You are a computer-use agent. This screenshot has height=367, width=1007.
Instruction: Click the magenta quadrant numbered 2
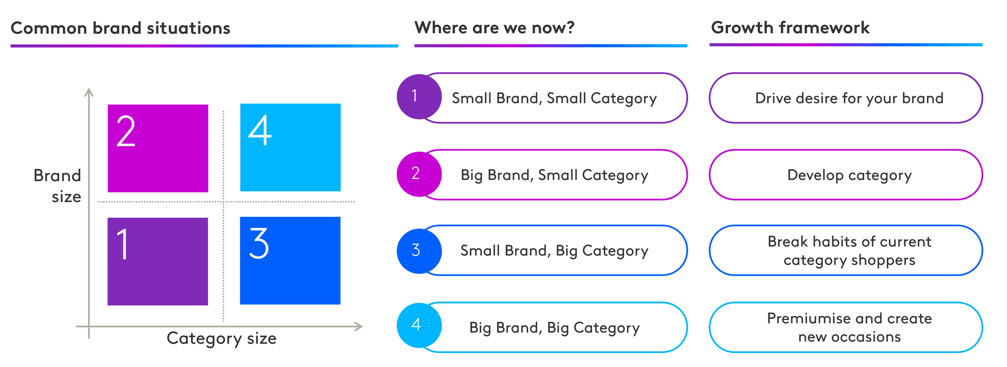point(158,148)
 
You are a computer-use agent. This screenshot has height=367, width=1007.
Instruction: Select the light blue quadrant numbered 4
point(291,147)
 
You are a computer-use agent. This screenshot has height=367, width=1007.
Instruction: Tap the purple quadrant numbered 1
point(158,261)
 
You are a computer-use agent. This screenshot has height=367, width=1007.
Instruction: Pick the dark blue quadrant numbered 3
point(291,261)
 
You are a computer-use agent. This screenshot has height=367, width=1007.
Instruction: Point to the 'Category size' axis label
point(222,338)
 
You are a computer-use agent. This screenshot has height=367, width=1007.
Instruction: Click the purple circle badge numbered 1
point(419,97)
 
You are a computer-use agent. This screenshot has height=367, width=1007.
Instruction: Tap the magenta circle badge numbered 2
point(419,174)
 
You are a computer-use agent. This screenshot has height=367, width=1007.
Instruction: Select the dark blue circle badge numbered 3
point(419,251)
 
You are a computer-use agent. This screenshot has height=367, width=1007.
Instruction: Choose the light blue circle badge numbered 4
point(419,325)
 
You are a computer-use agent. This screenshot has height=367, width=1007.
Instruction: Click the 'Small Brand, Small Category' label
point(554,98)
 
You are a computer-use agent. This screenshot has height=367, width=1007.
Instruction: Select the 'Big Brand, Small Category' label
point(554,175)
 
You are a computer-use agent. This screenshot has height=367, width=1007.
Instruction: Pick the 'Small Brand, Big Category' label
point(554,251)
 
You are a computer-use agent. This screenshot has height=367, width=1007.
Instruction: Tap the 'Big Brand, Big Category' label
point(554,328)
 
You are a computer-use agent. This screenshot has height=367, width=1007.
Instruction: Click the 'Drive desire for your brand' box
point(846,98)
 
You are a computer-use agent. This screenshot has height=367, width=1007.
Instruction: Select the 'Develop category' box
point(846,175)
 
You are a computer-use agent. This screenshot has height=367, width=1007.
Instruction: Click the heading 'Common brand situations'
point(120,28)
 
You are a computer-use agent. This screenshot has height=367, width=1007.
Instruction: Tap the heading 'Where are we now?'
point(494,27)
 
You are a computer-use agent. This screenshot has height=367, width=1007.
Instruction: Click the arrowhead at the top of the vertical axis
point(89,91)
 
